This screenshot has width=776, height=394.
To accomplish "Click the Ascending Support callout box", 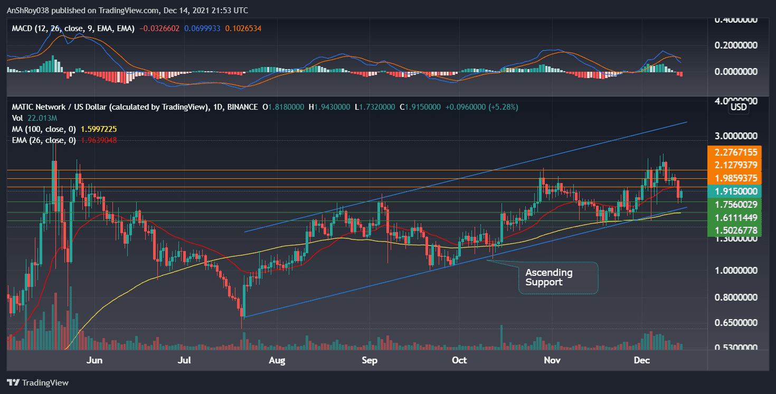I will (559, 277).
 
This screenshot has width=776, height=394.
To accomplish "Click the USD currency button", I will (738, 107).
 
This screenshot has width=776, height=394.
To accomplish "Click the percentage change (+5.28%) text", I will (501, 107).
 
